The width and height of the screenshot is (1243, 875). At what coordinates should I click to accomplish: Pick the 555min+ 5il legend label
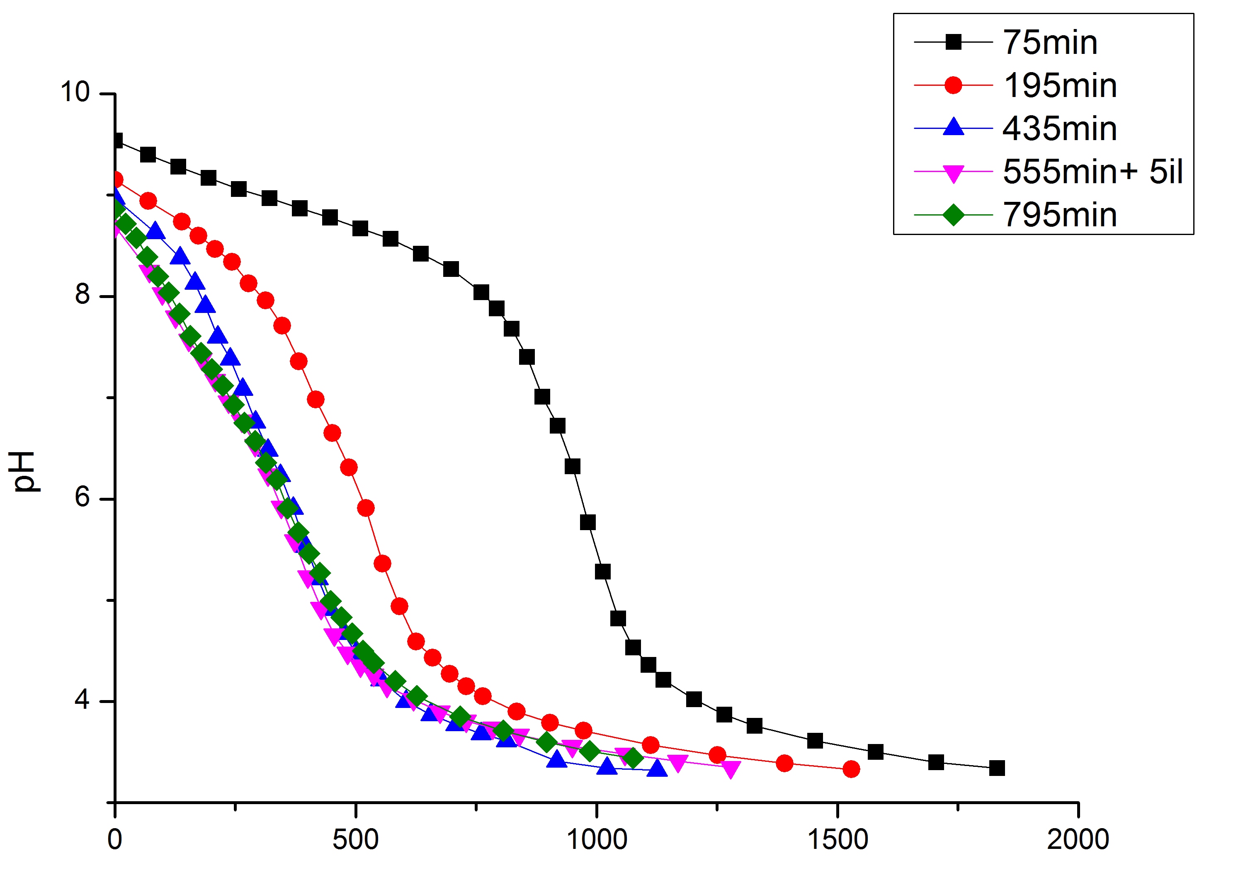[x=1092, y=172]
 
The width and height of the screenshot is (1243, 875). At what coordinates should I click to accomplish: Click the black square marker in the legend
[x=953, y=42]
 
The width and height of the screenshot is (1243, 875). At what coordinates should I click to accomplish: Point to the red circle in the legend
[x=953, y=85]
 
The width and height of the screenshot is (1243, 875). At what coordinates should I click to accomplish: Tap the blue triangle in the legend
[x=953, y=127]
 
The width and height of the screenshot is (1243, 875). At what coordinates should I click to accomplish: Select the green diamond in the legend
[x=953, y=215]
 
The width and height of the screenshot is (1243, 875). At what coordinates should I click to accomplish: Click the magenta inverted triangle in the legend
[x=953, y=173]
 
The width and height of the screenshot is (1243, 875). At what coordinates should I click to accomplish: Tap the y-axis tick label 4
[x=82, y=700]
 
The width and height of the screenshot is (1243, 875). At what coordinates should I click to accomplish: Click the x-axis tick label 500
[x=355, y=840]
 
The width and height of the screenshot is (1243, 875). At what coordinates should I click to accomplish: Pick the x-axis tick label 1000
[x=596, y=840]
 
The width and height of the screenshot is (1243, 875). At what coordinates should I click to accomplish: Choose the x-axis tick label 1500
[x=838, y=840]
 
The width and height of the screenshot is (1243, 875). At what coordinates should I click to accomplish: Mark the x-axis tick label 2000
[x=1078, y=840]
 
